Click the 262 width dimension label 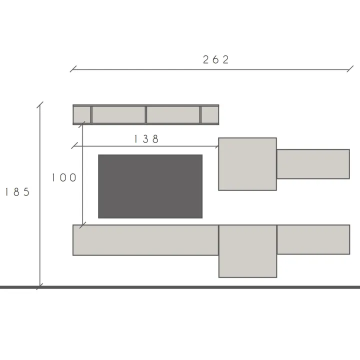tap(216, 59)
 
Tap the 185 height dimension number tap(17, 192)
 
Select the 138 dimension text tap(146, 139)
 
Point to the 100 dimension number tap(64, 177)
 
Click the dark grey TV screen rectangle tap(150, 186)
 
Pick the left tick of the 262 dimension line tap(73, 69)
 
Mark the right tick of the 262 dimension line tap(350, 69)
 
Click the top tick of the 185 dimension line tap(40, 104)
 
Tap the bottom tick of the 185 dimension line tap(40, 286)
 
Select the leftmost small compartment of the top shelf tap(81, 115)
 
